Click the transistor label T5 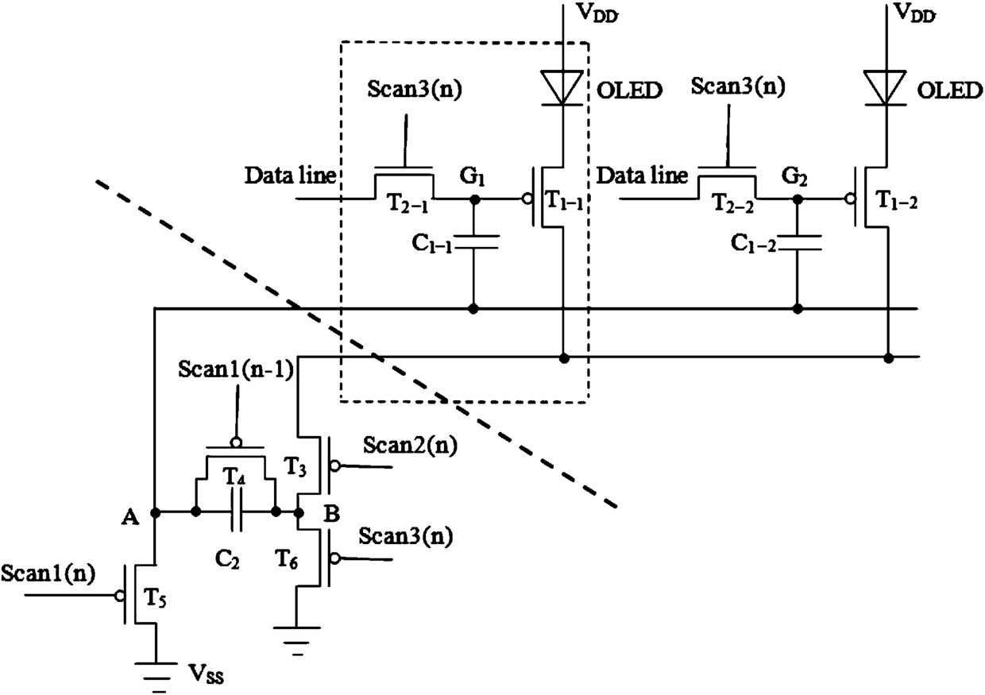(x=155, y=599)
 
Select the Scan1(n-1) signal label (x=236, y=369)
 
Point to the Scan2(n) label (x=410, y=446)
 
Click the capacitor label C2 (x=227, y=559)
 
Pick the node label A (x=130, y=517)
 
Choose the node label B (x=331, y=513)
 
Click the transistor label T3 (x=295, y=467)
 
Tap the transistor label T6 (x=286, y=560)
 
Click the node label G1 (x=473, y=177)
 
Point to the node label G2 (x=794, y=177)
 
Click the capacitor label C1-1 (x=432, y=244)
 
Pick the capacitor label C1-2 (x=754, y=244)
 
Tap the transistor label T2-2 (x=733, y=204)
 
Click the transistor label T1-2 (x=897, y=200)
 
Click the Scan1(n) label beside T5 (x=48, y=573)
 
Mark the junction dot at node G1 (x=474, y=200)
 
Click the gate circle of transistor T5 (x=118, y=596)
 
